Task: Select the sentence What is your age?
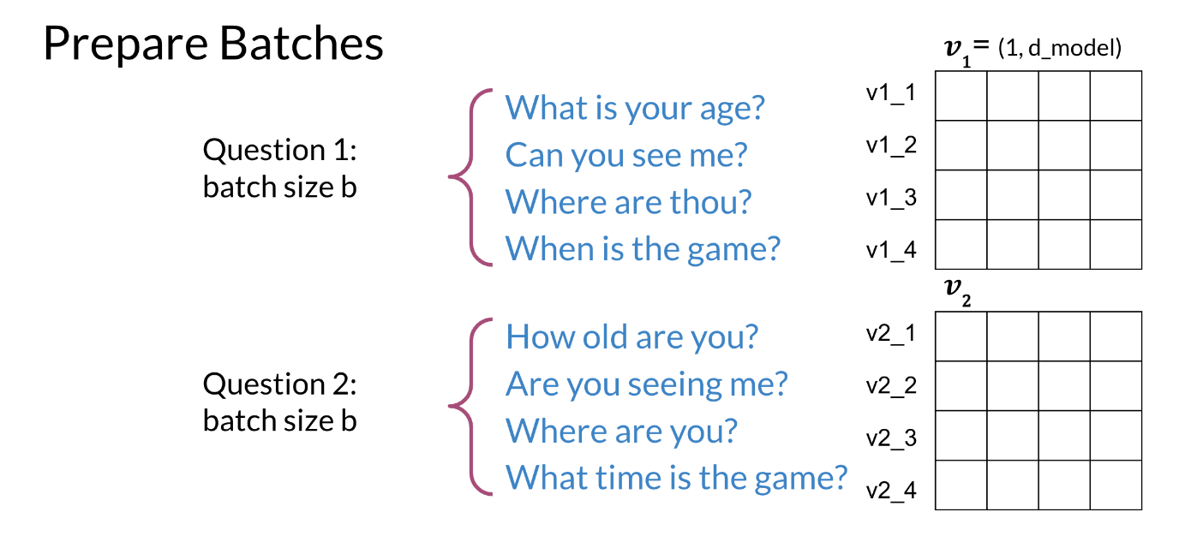pyautogui.click(x=635, y=109)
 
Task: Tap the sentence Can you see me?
pyautogui.click(x=626, y=156)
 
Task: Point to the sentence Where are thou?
pyautogui.click(x=628, y=202)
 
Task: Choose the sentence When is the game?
pyautogui.click(x=643, y=249)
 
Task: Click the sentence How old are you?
pyautogui.click(x=632, y=336)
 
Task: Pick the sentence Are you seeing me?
pyautogui.click(x=646, y=384)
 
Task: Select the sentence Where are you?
pyautogui.click(x=621, y=431)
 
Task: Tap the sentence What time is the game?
pyautogui.click(x=677, y=478)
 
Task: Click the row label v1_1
pyautogui.click(x=891, y=93)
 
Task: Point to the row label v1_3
pyautogui.click(x=891, y=199)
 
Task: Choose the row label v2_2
pyautogui.click(x=891, y=386)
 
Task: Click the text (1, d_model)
pyautogui.click(x=1060, y=49)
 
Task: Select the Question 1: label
pyautogui.click(x=280, y=150)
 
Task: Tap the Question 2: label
pyautogui.click(x=280, y=384)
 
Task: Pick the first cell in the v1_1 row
pyautogui.click(x=961, y=96)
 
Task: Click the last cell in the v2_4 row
pyautogui.click(x=1116, y=485)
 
